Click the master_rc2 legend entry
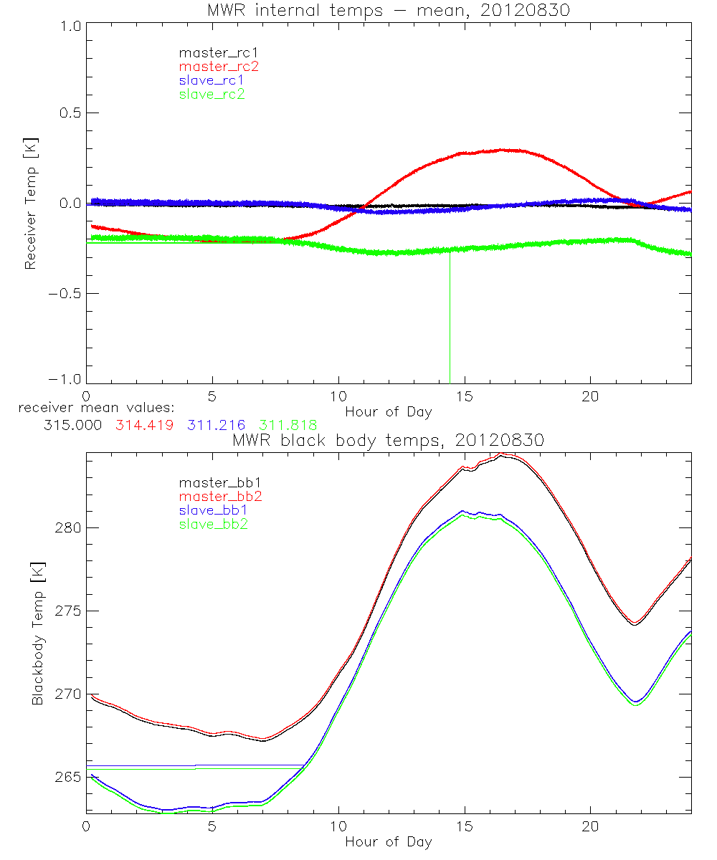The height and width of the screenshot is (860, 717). point(218,66)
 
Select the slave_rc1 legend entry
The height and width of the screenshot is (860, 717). point(212,80)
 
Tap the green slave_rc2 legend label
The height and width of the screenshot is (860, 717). point(212,93)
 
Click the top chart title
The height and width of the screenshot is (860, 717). point(388,9)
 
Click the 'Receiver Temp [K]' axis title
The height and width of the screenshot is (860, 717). point(30,203)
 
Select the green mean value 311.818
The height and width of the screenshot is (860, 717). point(289,425)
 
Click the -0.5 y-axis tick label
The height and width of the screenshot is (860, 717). point(65,294)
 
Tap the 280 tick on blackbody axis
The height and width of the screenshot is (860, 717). point(67,527)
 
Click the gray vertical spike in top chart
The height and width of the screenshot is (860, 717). point(450,315)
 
